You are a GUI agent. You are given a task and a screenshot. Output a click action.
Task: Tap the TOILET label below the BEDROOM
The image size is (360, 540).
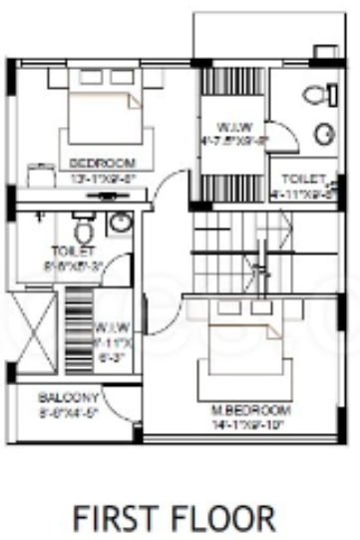(x=71, y=251)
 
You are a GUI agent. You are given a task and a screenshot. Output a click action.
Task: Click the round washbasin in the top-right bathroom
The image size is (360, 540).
(x=325, y=133)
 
